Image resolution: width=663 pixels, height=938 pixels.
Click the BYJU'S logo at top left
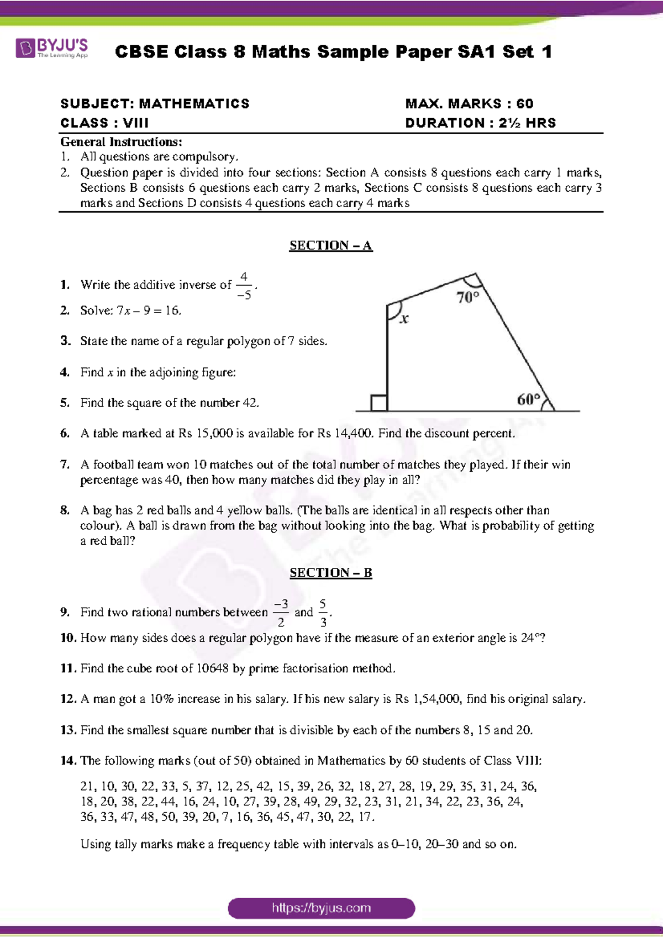51,48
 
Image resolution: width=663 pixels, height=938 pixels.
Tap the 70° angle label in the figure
467,297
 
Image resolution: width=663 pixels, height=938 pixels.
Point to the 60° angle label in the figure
528,399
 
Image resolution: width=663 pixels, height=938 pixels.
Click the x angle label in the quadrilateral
404,319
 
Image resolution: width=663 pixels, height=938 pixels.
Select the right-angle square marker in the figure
379,403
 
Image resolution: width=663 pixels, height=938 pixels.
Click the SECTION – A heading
330,245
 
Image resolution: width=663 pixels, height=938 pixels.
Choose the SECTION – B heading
330,573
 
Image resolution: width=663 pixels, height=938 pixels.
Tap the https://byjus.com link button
321,908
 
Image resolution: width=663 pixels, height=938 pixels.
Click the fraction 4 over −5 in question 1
244,286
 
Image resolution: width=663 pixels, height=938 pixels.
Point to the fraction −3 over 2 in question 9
281,613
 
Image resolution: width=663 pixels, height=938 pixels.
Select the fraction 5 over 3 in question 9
323,613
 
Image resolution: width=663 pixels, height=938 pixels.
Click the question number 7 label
65,465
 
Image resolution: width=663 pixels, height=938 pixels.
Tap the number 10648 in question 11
212,668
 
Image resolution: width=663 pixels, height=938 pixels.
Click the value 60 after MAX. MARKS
525,104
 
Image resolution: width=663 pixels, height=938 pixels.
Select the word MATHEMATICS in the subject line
194,104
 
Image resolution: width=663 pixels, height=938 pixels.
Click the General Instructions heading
121,142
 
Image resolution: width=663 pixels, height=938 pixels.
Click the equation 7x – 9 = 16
148,310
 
